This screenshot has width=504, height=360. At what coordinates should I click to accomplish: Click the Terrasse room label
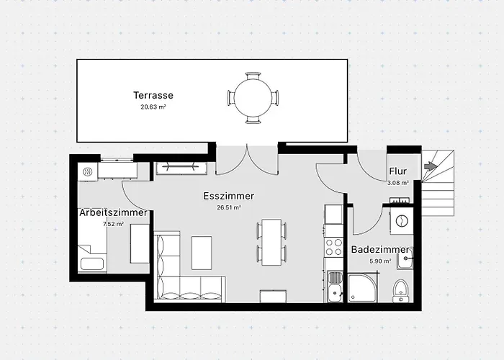(x=153, y=95)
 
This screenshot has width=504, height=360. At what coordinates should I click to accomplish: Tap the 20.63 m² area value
(x=153, y=107)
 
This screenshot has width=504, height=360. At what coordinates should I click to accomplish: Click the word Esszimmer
(x=229, y=195)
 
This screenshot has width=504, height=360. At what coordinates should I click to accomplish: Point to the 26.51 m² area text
(x=229, y=207)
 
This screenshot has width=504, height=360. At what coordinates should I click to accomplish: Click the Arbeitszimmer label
(x=113, y=212)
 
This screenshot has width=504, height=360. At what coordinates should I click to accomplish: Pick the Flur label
(x=397, y=171)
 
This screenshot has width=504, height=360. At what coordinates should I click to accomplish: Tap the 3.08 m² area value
(x=397, y=183)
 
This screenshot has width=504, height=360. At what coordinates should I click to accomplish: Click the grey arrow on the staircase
(x=431, y=166)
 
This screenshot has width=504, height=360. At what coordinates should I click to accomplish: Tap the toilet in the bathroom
(x=401, y=291)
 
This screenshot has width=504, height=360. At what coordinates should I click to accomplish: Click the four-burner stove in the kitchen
(x=334, y=247)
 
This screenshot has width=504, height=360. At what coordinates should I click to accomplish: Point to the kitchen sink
(x=334, y=290)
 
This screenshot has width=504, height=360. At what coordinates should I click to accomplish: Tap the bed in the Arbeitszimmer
(x=94, y=247)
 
